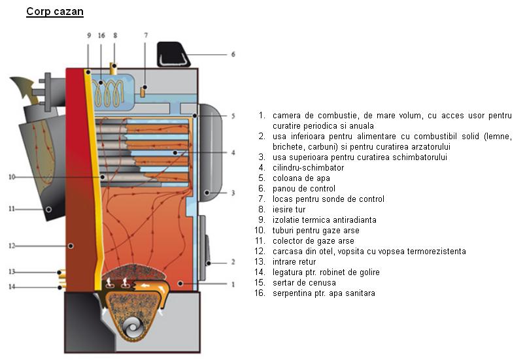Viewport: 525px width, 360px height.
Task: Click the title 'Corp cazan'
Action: point(54,12)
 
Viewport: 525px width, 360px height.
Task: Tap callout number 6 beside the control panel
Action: point(233,54)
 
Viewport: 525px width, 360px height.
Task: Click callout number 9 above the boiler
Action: point(88,35)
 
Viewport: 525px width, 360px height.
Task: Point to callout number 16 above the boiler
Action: point(101,35)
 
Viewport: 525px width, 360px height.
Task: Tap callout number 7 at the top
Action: point(145,35)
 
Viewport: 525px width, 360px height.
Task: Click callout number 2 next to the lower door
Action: point(232,262)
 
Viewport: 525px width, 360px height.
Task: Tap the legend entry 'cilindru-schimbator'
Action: point(307,167)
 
